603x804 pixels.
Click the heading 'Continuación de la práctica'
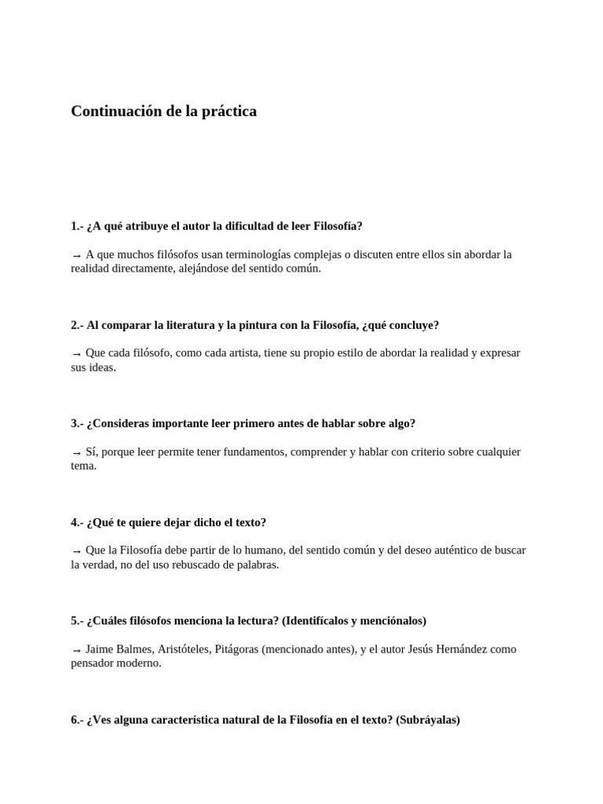click(163, 111)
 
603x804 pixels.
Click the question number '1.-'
click(77, 226)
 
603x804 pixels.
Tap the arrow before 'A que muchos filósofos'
click(76, 255)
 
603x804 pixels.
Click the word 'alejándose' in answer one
click(192, 269)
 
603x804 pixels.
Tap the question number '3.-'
click(77, 423)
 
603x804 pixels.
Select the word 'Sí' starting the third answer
click(91, 452)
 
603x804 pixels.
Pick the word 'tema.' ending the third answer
click(84, 466)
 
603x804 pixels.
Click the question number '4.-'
click(77, 522)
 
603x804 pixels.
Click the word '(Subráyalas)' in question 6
click(428, 719)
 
